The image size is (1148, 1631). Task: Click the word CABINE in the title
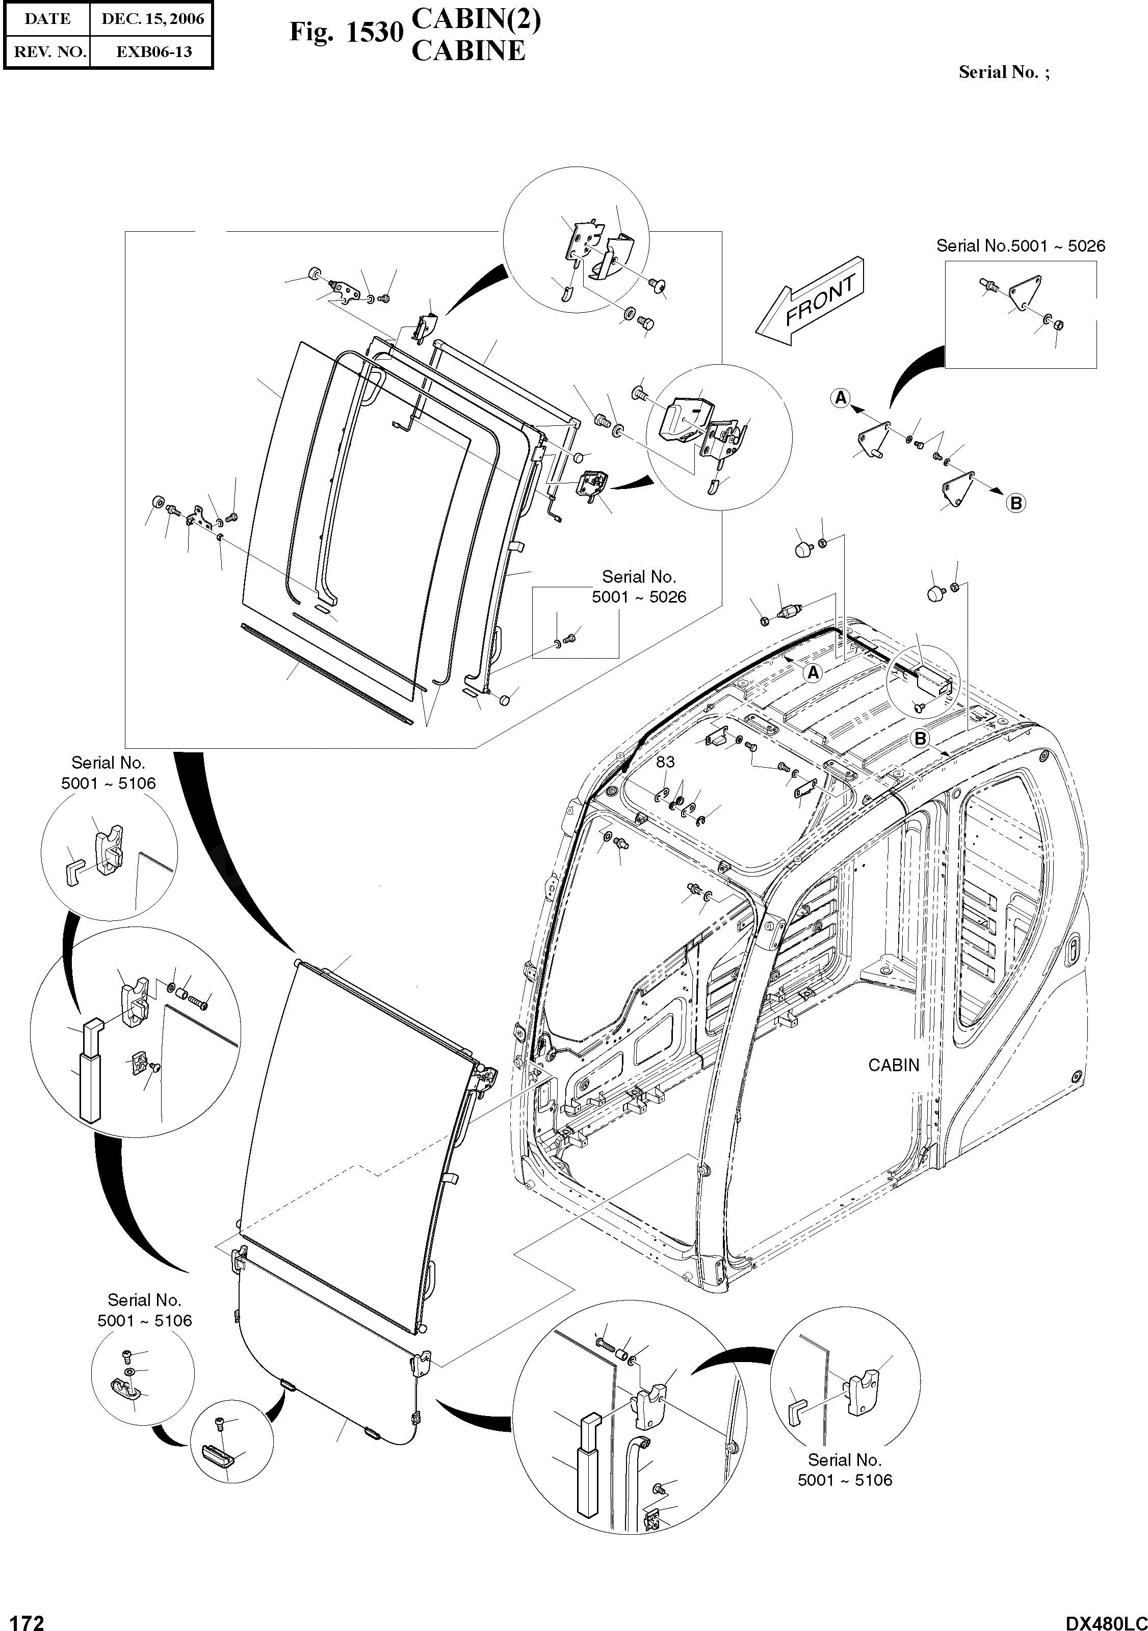pos(468,51)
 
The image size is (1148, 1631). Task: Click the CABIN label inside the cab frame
pos(894,1085)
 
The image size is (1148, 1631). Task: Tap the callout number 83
pos(665,762)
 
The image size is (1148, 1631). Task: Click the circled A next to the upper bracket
pos(841,398)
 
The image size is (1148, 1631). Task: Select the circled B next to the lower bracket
pos(1016,503)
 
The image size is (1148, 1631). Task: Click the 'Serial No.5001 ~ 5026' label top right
pos(1020,246)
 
